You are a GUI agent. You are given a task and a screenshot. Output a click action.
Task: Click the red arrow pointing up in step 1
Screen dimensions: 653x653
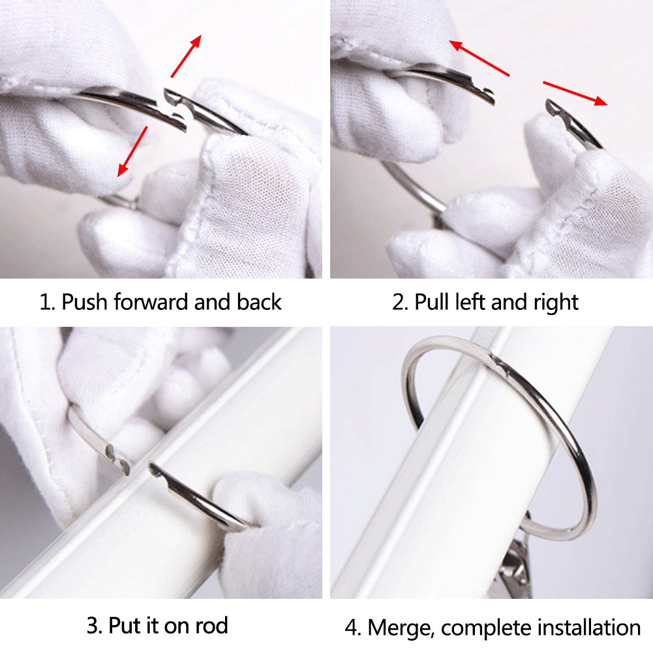(x=186, y=56)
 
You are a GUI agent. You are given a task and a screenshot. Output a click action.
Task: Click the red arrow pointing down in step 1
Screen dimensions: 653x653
(x=132, y=151)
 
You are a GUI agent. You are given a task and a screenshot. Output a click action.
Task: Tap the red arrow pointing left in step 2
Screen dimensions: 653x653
(x=479, y=58)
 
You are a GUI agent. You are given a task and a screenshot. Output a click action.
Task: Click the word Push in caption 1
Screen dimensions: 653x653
(x=84, y=301)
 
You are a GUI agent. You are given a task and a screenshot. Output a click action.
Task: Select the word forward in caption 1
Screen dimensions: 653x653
(x=151, y=301)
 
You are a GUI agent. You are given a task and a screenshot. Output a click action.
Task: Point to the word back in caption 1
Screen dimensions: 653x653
(x=259, y=301)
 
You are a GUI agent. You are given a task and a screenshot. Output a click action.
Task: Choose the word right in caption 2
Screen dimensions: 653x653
(x=556, y=303)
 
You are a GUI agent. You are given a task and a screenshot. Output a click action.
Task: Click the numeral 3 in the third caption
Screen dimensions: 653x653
(x=93, y=626)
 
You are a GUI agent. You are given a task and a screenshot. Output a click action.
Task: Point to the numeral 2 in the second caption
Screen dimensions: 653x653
(x=399, y=302)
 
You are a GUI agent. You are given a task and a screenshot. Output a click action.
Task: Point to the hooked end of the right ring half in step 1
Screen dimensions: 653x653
(x=172, y=96)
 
